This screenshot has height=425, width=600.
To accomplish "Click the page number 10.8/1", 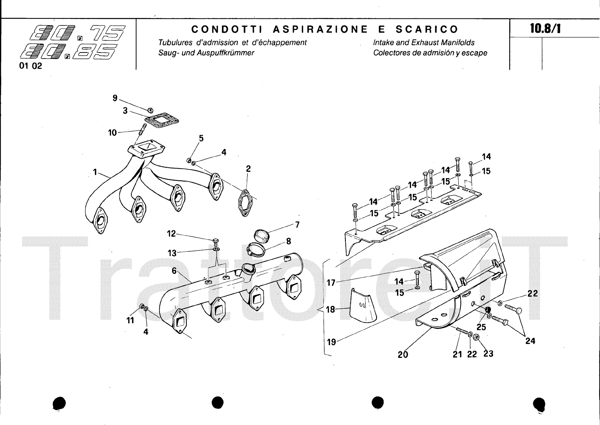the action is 545,29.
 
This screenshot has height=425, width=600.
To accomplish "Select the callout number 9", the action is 115,98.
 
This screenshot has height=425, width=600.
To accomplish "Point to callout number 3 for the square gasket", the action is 125,111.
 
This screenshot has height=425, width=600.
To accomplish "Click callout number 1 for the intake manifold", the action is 95,172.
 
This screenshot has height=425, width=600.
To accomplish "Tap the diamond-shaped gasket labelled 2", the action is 245,203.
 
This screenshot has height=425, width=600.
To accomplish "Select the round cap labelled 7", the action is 261,235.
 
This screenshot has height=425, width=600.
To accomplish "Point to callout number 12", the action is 171,234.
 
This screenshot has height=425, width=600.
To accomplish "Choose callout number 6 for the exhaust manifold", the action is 174,271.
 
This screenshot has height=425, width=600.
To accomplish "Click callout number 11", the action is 130,320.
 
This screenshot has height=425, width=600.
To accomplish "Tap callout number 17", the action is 331,283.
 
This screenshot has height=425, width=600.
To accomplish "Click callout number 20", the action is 403,354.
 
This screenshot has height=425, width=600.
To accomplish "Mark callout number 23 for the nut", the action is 488,353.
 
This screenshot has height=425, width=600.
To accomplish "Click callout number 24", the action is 530,341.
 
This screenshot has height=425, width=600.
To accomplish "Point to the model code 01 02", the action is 30,66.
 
